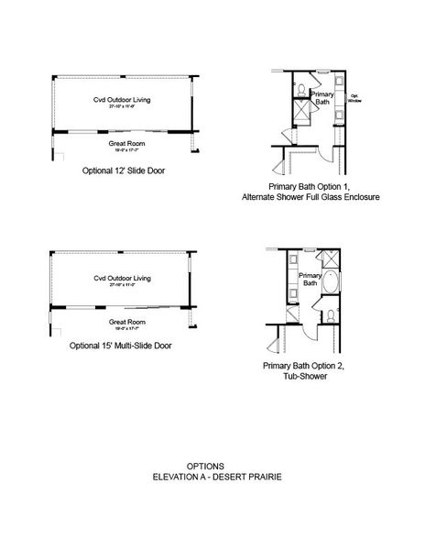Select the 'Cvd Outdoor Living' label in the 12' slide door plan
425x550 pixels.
pyautogui.click(x=120, y=100)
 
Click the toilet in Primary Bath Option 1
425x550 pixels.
pyautogui.click(x=300, y=90)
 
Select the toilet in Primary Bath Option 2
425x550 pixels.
pyautogui.click(x=327, y=316)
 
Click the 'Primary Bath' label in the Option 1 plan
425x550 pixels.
pyautogui.click(x=321, y=98)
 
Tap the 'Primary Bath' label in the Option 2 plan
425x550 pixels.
pyautogui.click(x=310, y=279)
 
